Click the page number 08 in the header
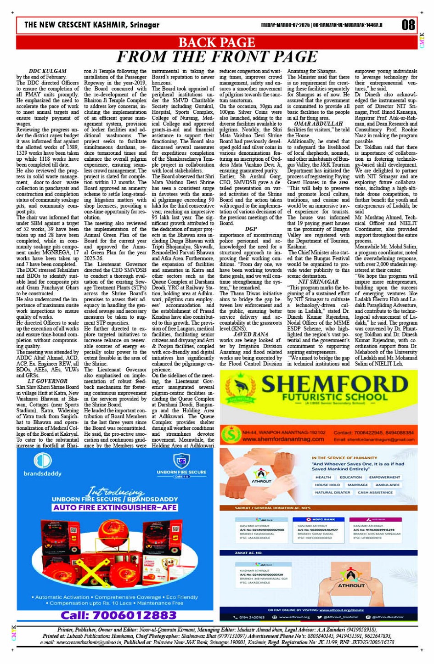(408, 25)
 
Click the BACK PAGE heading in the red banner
(216, 43)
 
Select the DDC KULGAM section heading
(47, 71)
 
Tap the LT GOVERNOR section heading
(47, 381)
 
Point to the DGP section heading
(251, 229)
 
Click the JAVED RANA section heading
(251, 335)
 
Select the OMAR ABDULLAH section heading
(318, 124)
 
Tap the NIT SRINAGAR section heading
(318, 282)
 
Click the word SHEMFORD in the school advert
(335, 384)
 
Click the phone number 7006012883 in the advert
(118, 614)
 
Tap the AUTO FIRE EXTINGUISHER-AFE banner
(115, 507)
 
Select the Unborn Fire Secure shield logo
(181, 461)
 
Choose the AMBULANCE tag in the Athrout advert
(387, 485)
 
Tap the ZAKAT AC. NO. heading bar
(248, 553)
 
